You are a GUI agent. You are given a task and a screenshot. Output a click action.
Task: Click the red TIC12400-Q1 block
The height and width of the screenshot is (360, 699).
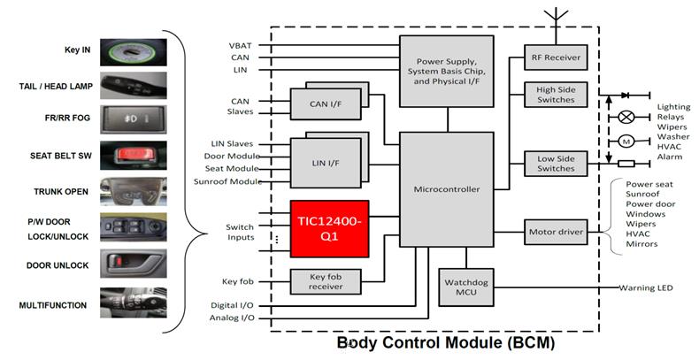pos(329,228)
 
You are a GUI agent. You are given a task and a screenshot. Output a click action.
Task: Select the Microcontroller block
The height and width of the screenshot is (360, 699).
pos(446,189)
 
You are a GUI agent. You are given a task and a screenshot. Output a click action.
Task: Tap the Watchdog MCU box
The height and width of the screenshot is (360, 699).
pos(465,287)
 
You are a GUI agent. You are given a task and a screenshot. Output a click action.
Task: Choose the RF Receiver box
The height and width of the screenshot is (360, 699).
pos(556,57)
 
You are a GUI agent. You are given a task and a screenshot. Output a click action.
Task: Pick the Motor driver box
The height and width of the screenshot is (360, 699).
pos(556,232)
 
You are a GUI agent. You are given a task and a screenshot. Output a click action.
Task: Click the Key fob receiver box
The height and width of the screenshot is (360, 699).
pos(326,281)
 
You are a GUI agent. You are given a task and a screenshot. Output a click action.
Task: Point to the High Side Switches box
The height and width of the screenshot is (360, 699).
pos(556,95)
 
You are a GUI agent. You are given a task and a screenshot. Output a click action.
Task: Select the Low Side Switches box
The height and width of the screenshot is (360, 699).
pos(556,164)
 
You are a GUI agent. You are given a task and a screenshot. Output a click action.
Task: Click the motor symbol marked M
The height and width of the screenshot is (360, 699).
pos(626,142)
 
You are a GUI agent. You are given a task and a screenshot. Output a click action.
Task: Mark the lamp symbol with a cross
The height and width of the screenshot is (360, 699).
pos(626,117)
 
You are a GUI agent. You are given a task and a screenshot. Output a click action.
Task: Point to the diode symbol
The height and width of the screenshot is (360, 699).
pos(625,95)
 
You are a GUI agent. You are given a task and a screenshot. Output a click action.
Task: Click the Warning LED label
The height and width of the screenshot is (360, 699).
pos(646,287)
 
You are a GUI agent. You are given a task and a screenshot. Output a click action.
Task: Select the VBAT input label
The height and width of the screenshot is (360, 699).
pos(241,45)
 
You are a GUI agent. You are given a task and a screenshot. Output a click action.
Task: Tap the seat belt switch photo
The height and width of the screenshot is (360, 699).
pos(134,155)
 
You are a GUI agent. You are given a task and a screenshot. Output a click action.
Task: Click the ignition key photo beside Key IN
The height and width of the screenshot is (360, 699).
pos(134,52)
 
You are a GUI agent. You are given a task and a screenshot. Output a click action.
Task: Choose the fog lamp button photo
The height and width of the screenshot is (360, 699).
pos(134,119)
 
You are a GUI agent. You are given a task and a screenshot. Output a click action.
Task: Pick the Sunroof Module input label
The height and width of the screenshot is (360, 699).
pos(227,181)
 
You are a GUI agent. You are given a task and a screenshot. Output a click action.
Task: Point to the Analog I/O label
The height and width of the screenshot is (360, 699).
pos(232,318)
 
